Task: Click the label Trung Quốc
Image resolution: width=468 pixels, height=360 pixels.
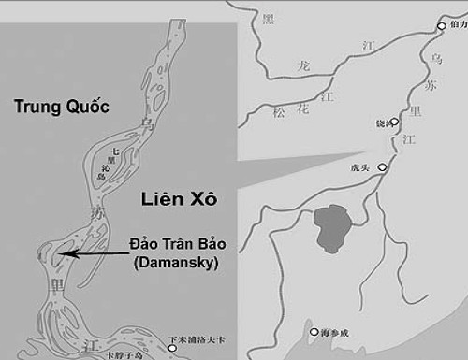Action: [x=61, y=107]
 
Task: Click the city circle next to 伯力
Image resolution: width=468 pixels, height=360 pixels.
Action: [x=442, y=26]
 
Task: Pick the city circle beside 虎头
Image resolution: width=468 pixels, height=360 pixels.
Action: [x=382, y=167]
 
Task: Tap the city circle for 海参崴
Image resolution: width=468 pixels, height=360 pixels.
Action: [x=314, y=331]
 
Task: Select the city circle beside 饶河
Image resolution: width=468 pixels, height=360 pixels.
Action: [x=394, y=122]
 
